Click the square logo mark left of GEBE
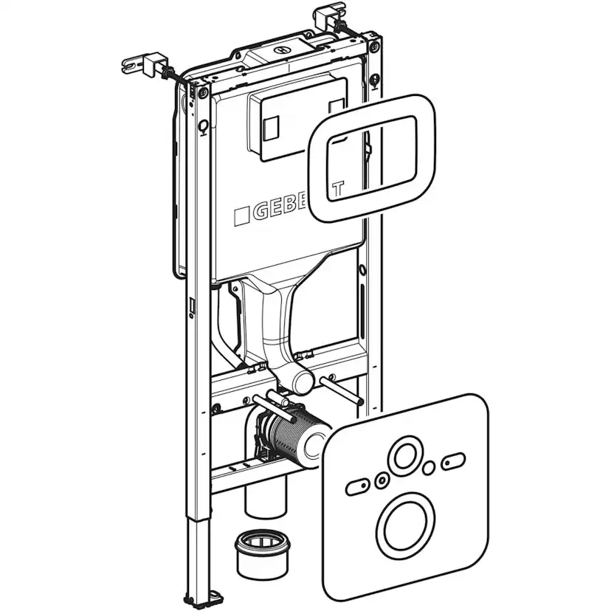click(242, 215)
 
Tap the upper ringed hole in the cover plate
click(404, 457)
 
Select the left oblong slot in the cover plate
click(358, 486)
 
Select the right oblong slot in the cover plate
click(451, 463)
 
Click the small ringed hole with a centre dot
click(382, 481)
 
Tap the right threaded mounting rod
click(341, 389)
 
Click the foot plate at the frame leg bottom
click(216, 596)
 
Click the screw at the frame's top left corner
click(202, 92)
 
